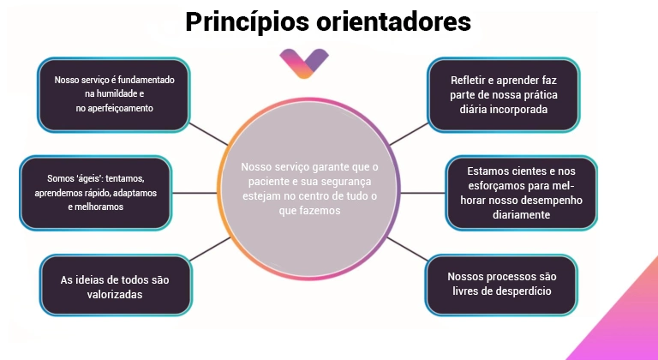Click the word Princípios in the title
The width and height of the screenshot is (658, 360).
(x=247, y=21)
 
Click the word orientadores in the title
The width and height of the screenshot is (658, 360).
(x=393, y=21)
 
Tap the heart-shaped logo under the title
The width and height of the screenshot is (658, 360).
(x=304, y=63)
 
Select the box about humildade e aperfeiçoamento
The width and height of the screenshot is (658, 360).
(x=114, y=94)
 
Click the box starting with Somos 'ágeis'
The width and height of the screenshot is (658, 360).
(x=96, y=193)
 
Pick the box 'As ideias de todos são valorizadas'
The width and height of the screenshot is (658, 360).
(x=116, y=285)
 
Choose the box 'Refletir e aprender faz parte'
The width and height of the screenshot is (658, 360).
(x=504, y=94)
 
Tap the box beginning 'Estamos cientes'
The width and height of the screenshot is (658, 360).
(x=521, y=193)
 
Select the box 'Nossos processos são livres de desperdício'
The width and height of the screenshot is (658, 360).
(x=501, y=285)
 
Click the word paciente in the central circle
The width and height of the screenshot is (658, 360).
(x=266, y=182)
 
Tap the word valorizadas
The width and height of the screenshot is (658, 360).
(x=115, y=295)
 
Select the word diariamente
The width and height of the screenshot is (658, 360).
(x=521, y=214)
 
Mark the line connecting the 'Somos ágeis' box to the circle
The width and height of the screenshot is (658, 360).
(x=194, y=193)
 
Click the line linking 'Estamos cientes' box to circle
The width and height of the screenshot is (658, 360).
(x=422, y=193)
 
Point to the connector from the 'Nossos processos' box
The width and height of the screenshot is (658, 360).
(x=408, y=249)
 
